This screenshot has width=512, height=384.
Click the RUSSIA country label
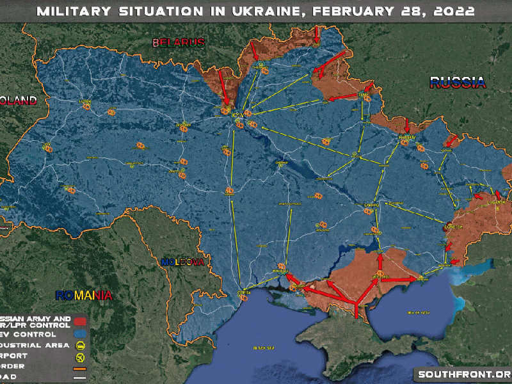(x=458, y=82)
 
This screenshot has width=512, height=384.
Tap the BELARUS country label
(x=178, y=43)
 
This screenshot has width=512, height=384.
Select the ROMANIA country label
(x=84, y=295)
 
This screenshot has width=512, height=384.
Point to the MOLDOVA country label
(x=182, y=262)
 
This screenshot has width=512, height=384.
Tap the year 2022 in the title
(x=452, y=12)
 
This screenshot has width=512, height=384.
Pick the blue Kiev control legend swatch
(x=81, y=334)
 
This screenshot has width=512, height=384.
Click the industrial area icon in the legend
(x=81, y=346)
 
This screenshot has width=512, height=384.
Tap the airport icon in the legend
(x=81, y=358)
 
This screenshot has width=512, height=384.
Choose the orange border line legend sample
(x=81, y=369)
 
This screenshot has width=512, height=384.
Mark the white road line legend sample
(x=81, y=380)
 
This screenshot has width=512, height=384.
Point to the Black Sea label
(x=263, y=348)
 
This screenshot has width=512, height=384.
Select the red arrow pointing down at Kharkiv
(x=408, y=124)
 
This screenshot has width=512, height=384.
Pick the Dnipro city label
(x=371, y=205)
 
